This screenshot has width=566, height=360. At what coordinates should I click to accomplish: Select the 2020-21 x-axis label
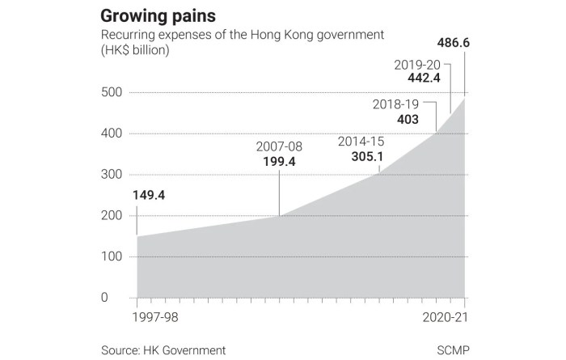(x=443, y=316)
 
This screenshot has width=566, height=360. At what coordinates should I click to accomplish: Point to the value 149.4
(x=149, y=195)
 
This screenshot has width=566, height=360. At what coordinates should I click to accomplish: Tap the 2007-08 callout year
(x=278, y=147)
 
